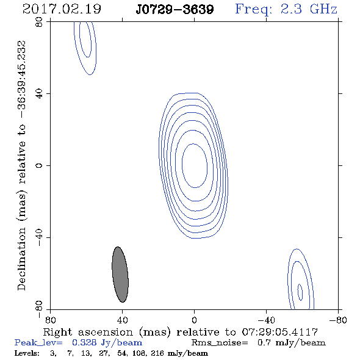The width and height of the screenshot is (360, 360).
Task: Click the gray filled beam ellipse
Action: pos(120,275)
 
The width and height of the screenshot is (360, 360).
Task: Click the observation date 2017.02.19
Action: pos(62,9)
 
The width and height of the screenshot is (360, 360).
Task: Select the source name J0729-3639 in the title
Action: pos(175,9)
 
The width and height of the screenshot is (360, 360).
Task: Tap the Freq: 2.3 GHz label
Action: pos(286,9)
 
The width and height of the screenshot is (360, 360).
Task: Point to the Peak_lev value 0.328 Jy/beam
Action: pos(107,343)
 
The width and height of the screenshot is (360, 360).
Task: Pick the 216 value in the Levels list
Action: pos(157,353)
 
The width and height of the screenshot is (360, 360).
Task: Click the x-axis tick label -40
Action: pos(266,320)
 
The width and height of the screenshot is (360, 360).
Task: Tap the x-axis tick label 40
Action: pos(123,320)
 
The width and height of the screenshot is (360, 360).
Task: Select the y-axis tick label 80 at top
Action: pos(39,22)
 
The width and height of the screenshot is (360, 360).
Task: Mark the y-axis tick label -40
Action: pos(39,237)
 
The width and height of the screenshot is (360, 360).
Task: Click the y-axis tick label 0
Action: pos(39,165)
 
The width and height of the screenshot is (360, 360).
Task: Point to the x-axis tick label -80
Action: pos(338,320)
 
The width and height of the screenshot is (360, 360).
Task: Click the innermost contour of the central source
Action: pos(182,165)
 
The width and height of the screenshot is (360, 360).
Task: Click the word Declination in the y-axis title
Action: pos(21,259)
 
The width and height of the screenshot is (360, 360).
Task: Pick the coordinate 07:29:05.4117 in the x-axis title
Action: pos(280,332)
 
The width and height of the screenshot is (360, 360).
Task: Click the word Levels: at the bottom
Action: pos(27,353)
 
